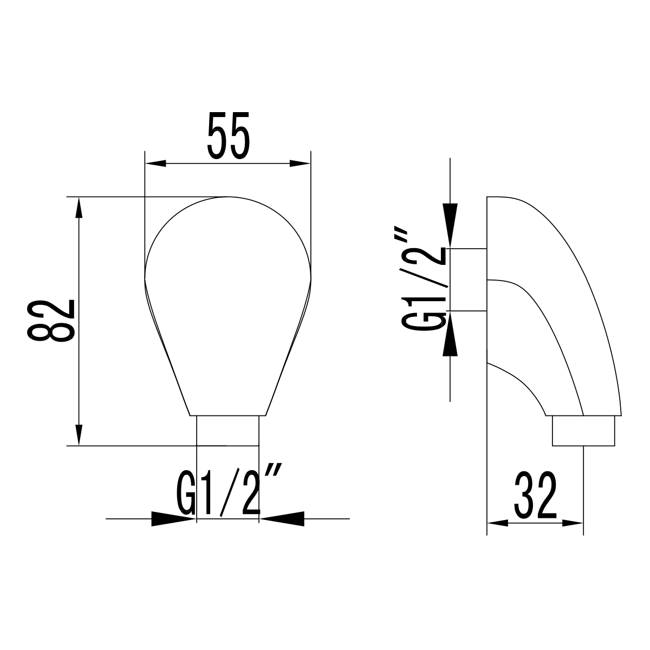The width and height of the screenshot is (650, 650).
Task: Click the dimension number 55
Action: [x=227, y=135]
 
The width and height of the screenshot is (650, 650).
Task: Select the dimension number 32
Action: [x=535, y=495]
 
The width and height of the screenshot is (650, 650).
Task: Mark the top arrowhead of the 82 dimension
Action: [x=80, y=209]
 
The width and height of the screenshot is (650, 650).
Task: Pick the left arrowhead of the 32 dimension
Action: [x=497, y=523]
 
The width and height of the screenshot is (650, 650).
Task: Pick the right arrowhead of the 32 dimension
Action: [x=573, y=523]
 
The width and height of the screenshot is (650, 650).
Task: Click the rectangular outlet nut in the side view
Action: [x=584, y=431]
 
